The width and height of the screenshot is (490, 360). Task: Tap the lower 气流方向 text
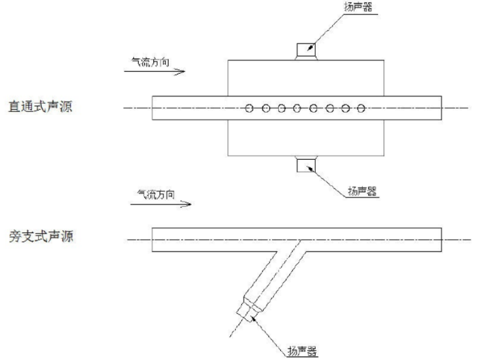click(x=156, y=194)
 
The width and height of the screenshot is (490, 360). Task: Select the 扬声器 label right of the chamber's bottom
click(x=361, y=192)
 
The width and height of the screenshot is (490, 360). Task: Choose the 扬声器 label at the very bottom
click(x=301, y=351)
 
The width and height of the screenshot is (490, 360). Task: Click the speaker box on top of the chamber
click(x=305, y=51)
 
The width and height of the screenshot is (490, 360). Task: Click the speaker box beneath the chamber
click(x=305, y=165)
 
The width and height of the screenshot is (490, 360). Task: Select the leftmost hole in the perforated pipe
click(x=249, y=108)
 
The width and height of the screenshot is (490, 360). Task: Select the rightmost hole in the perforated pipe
click(x=362, y=108)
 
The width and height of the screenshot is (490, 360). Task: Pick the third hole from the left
click(x=282, y=108)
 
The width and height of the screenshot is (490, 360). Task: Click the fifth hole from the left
click(x=314, y=108)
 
